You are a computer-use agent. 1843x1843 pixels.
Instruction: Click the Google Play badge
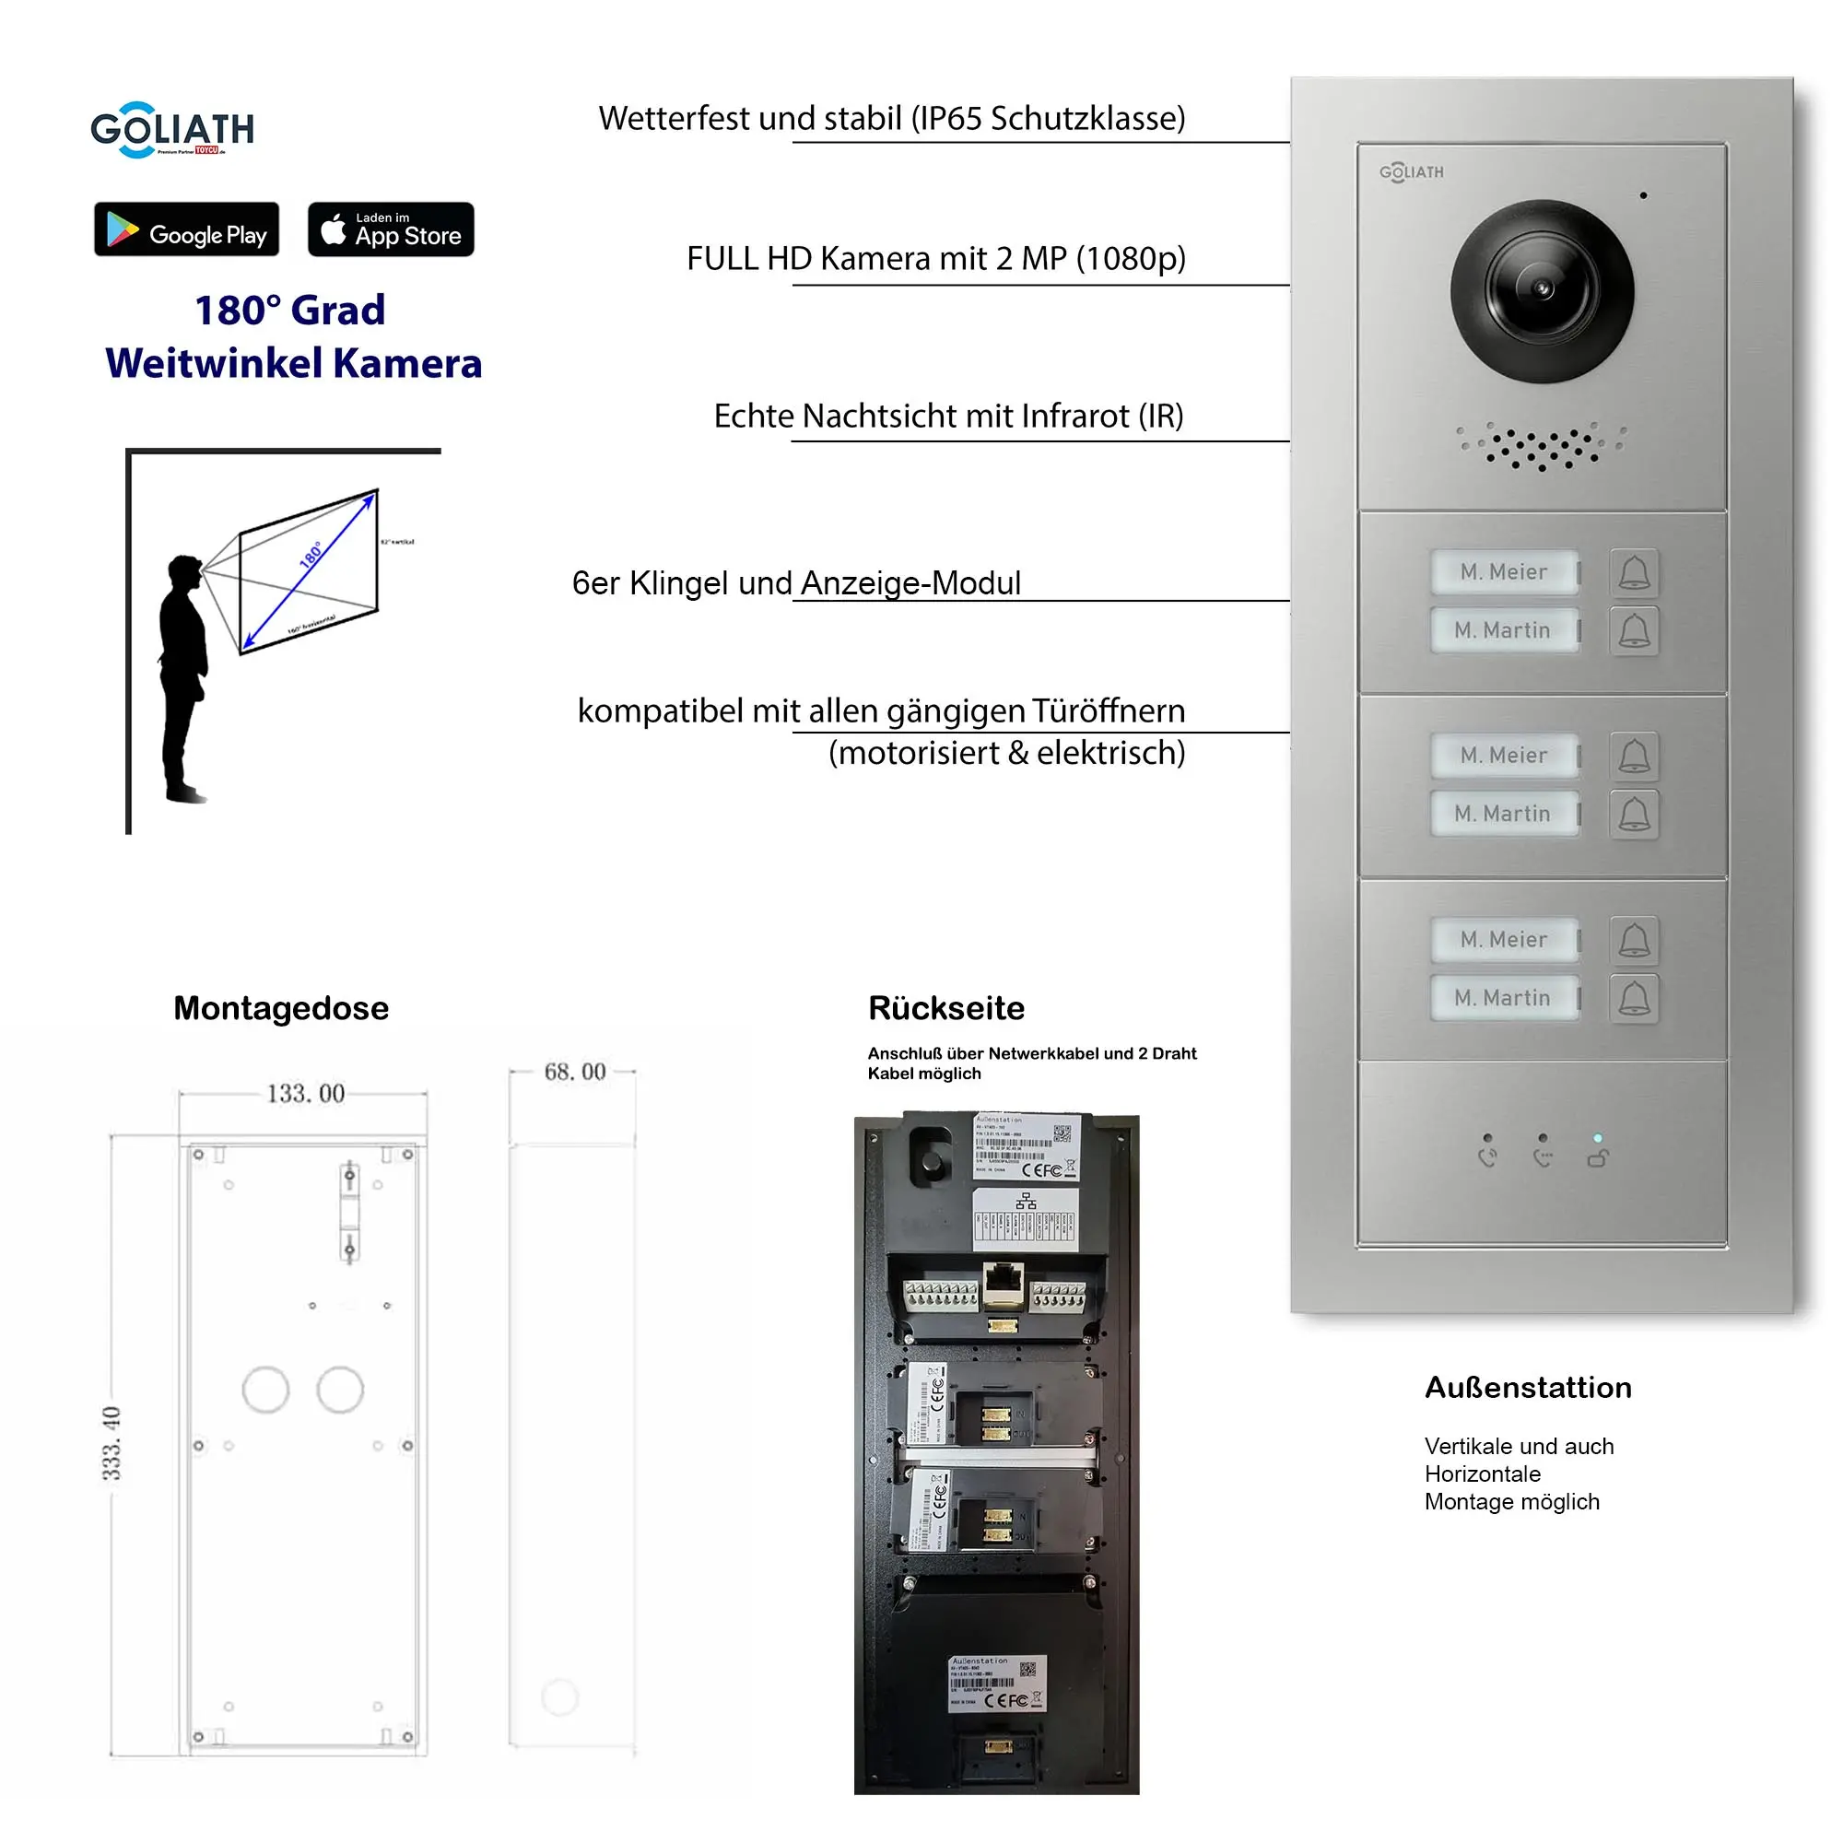tap(187, 229)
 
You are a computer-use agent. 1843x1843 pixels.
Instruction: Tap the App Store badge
tap(390, 229)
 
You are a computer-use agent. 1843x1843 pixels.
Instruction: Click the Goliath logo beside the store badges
tap(171, 130)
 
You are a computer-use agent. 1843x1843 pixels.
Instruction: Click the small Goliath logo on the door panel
tap(1411, 171)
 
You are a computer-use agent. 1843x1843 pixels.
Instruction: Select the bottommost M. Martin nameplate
tap(1502, 998)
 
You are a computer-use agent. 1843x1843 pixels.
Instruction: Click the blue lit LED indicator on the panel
tap(1598, 1138)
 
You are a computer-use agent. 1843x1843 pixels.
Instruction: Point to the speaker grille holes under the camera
tap(1541, 448)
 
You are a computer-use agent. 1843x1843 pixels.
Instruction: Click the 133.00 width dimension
tap(305, 1093)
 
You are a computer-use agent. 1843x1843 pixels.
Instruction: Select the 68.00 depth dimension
tap(574, 1072)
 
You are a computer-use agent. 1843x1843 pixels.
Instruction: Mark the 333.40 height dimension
tap(112, 1442)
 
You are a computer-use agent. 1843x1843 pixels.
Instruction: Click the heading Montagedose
tap(280, 1008)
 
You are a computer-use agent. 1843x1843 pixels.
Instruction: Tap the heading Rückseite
tap(945, 1008)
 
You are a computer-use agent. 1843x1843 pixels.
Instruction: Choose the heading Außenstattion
tap(1527, 1387)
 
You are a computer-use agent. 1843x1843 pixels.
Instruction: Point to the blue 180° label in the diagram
tap(311, 554)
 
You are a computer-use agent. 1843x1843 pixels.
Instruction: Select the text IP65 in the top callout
tap(948, 118)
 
